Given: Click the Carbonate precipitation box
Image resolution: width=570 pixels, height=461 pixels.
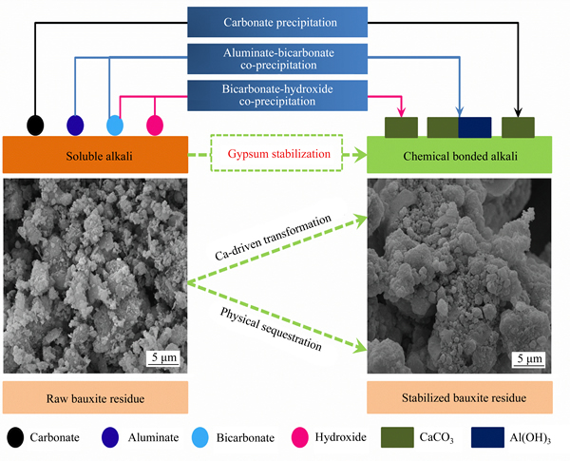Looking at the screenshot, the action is tap(277, 22).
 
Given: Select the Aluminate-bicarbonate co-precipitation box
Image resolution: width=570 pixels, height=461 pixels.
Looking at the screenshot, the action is tap(277, 59).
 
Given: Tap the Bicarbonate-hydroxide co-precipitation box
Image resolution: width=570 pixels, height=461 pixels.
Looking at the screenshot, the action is tap(277, 95).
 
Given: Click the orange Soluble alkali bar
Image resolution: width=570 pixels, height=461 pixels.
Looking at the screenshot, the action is tap(95, 155).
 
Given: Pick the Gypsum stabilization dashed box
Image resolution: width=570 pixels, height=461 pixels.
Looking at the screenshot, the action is tap(276, 153).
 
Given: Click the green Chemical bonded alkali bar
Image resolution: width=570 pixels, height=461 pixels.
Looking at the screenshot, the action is tap(460, 155).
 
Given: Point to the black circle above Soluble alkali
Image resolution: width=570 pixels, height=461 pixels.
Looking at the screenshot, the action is tap(35, 125).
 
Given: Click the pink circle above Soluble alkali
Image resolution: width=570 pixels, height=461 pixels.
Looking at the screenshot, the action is tap(155, 125).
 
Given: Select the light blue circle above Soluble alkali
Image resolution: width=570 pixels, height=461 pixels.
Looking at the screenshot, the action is tap(115, 125).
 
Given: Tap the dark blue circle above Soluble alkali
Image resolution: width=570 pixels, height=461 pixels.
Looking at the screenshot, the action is tap(75, 125).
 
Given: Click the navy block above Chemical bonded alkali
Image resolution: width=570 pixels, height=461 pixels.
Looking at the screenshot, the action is tap(475, 127).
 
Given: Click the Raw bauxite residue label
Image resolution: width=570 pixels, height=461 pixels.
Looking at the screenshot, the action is tap(95, 397).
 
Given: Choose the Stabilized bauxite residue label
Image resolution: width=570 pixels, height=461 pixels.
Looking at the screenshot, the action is tap(460, 397).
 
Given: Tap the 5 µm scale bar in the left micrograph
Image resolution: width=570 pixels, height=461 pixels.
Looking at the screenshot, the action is tap(163, 364).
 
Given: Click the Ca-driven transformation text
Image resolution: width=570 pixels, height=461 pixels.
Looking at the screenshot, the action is tap(274, 238).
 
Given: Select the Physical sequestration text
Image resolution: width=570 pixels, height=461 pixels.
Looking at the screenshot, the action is tap(271, 329).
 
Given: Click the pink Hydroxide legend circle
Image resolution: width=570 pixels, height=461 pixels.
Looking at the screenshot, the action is tap(300, 437).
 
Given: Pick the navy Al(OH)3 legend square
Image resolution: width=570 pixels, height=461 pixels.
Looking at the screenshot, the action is tap(488, 437).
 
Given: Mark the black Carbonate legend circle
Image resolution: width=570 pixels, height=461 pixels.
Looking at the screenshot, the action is tap(15, 437).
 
